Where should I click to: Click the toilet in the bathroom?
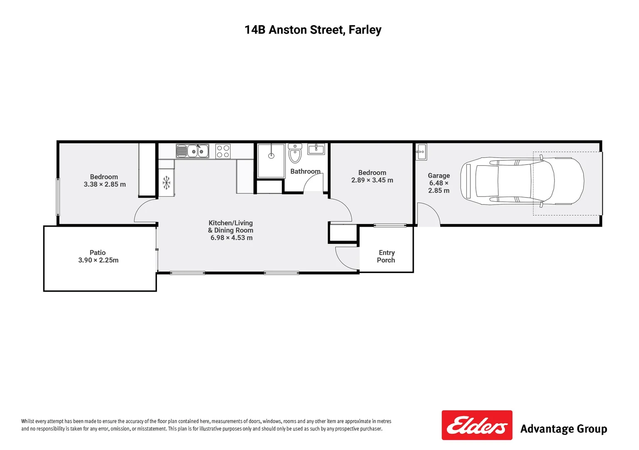tap(295, 154)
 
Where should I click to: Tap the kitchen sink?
tap(192, 151)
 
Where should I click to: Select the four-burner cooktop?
tap(223, 151)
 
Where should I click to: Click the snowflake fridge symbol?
tap(166, 182)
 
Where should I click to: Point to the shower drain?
tap(271, 156)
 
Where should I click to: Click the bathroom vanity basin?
tap(316, 149)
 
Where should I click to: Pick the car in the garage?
tap(522, 181)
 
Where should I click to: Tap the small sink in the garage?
tap(421, 152)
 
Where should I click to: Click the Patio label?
tap(97, 252)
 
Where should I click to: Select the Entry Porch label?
tap(386, 256)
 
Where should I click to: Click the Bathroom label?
tap(305, 171)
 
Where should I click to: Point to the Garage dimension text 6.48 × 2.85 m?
tap(439, 187)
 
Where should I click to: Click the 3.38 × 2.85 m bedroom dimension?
tap(104, 184)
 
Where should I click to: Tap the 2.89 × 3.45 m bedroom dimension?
tap(372, 180)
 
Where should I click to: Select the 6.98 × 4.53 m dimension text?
tap(231, 238)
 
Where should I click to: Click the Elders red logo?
tap(477, 425)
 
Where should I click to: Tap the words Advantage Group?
tap(563, 429)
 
